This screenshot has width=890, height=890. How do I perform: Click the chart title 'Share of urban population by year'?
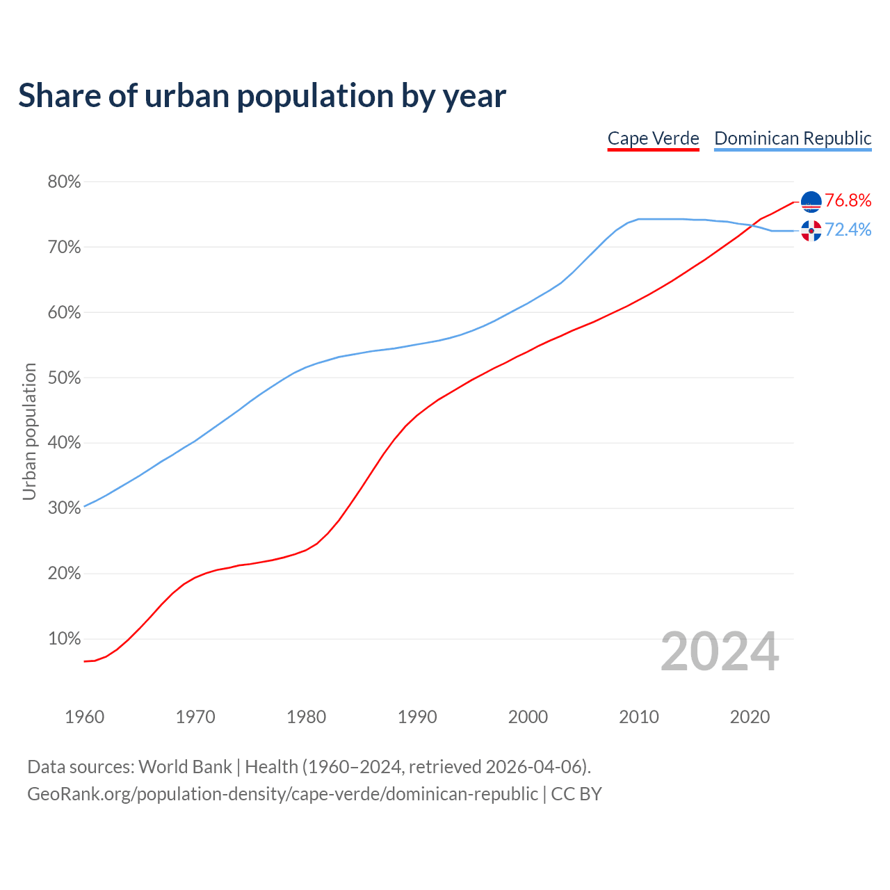(261, 96)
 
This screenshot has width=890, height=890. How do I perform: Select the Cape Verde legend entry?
(653, 138)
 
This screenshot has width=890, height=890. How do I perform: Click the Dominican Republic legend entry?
(793, 138)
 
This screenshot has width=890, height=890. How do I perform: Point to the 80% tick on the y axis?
(64, 182)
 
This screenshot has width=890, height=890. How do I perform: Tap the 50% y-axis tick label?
(64, 378)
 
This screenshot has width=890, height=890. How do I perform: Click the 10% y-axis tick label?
(64, 639)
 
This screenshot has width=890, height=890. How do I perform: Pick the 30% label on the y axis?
(64, 508)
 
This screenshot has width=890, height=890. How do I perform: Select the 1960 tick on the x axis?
(84, 717)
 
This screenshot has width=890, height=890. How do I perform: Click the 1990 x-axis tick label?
(417, 717)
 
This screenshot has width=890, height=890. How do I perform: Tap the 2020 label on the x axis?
(750, 717)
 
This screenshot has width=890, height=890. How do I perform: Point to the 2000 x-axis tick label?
(528, 717)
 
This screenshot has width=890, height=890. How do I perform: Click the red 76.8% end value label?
(848, 201)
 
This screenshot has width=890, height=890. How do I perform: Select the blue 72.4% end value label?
(848, 230)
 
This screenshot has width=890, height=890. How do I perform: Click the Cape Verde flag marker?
(811, 202)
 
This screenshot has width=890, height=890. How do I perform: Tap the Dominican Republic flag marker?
(811, 231)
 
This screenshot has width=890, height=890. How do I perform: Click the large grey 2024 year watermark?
(720, 652)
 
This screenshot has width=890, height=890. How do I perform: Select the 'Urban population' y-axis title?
(29, 431)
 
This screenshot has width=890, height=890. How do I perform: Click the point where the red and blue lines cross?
(752, 225)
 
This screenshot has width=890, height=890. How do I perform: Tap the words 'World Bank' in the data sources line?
(185, 767)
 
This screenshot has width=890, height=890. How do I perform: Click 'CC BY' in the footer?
(576, 794)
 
